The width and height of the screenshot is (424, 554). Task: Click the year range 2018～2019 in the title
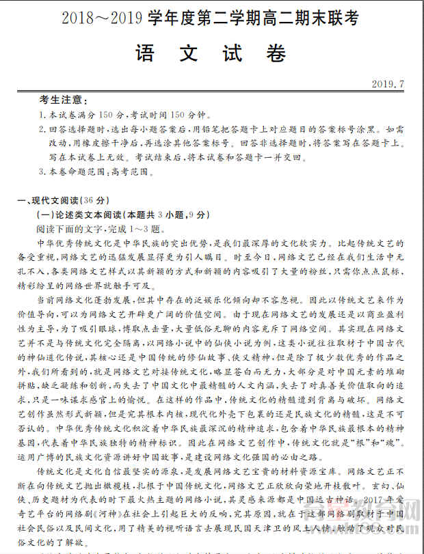103,18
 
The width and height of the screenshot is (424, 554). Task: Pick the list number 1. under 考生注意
42,115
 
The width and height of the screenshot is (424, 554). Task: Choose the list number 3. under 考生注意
42,171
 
